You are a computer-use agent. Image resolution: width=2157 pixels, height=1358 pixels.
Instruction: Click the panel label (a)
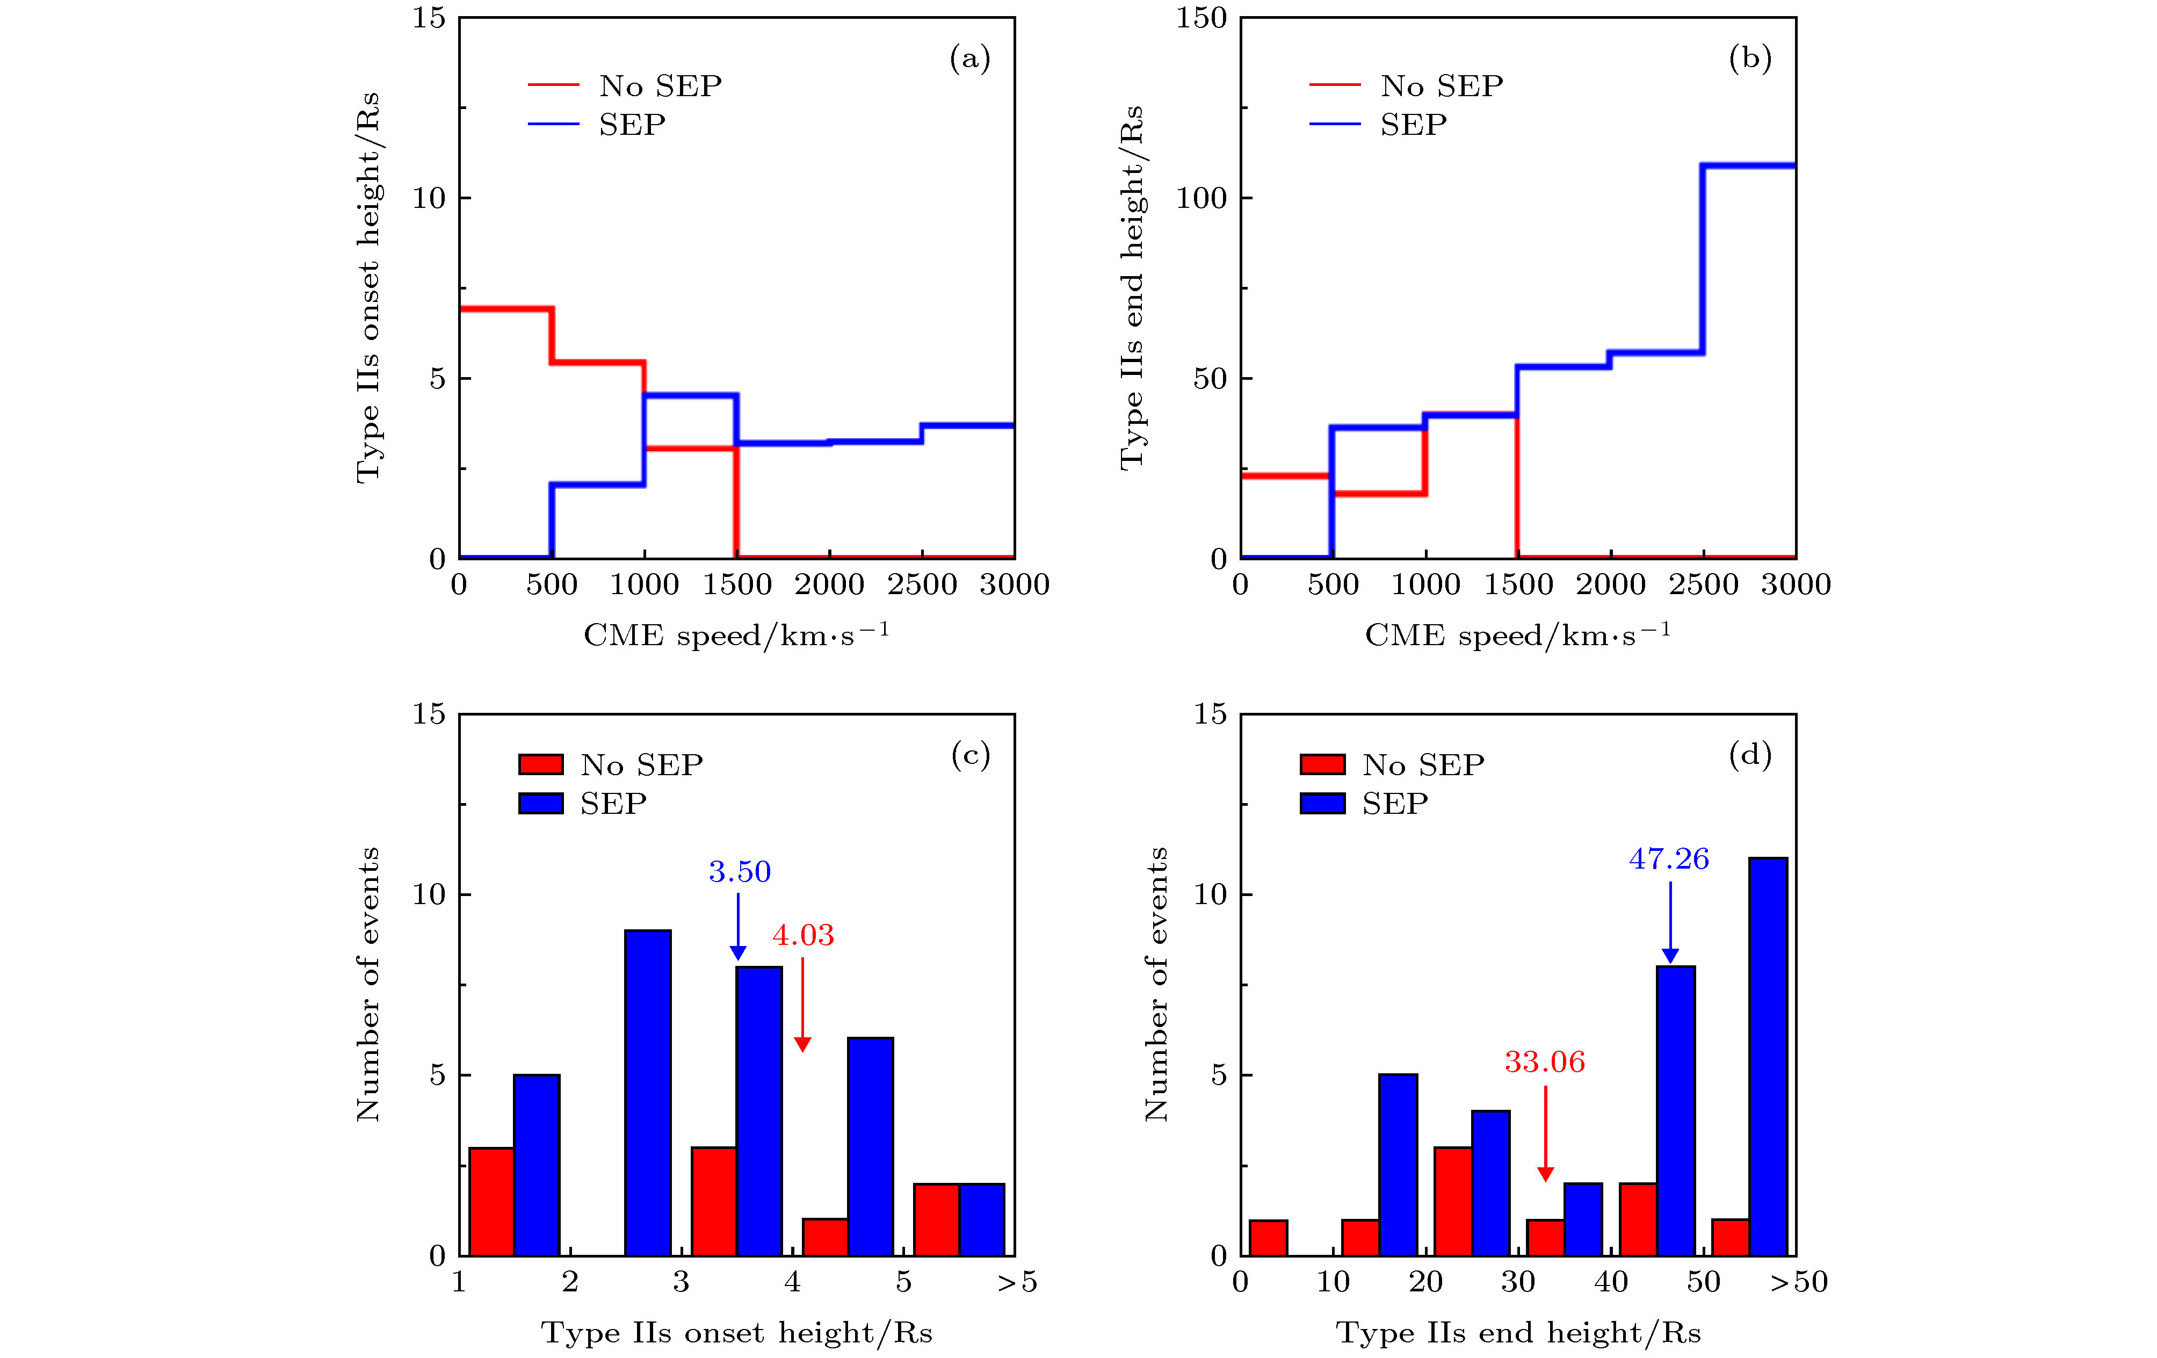(969, 59)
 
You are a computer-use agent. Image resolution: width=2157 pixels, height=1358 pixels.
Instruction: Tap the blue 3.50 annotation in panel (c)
(739, 872)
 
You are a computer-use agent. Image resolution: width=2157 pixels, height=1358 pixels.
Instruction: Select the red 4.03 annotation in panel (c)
(802, 935)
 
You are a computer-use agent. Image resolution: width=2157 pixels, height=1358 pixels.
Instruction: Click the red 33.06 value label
(1544, 1063)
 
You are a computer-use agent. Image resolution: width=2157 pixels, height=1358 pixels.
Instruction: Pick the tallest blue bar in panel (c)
(648, 1093)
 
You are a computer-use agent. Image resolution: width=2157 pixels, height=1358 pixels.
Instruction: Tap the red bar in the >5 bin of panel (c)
(936, 1219)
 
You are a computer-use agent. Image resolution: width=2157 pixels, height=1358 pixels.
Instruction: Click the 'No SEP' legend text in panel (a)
(660, 86)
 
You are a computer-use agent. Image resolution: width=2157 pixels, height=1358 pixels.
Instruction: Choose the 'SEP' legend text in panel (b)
(1413, 125)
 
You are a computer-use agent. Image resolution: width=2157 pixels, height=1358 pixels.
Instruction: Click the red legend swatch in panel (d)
(1322, 764)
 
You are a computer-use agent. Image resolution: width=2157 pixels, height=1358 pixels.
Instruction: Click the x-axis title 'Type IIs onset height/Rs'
(736, 1333)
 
